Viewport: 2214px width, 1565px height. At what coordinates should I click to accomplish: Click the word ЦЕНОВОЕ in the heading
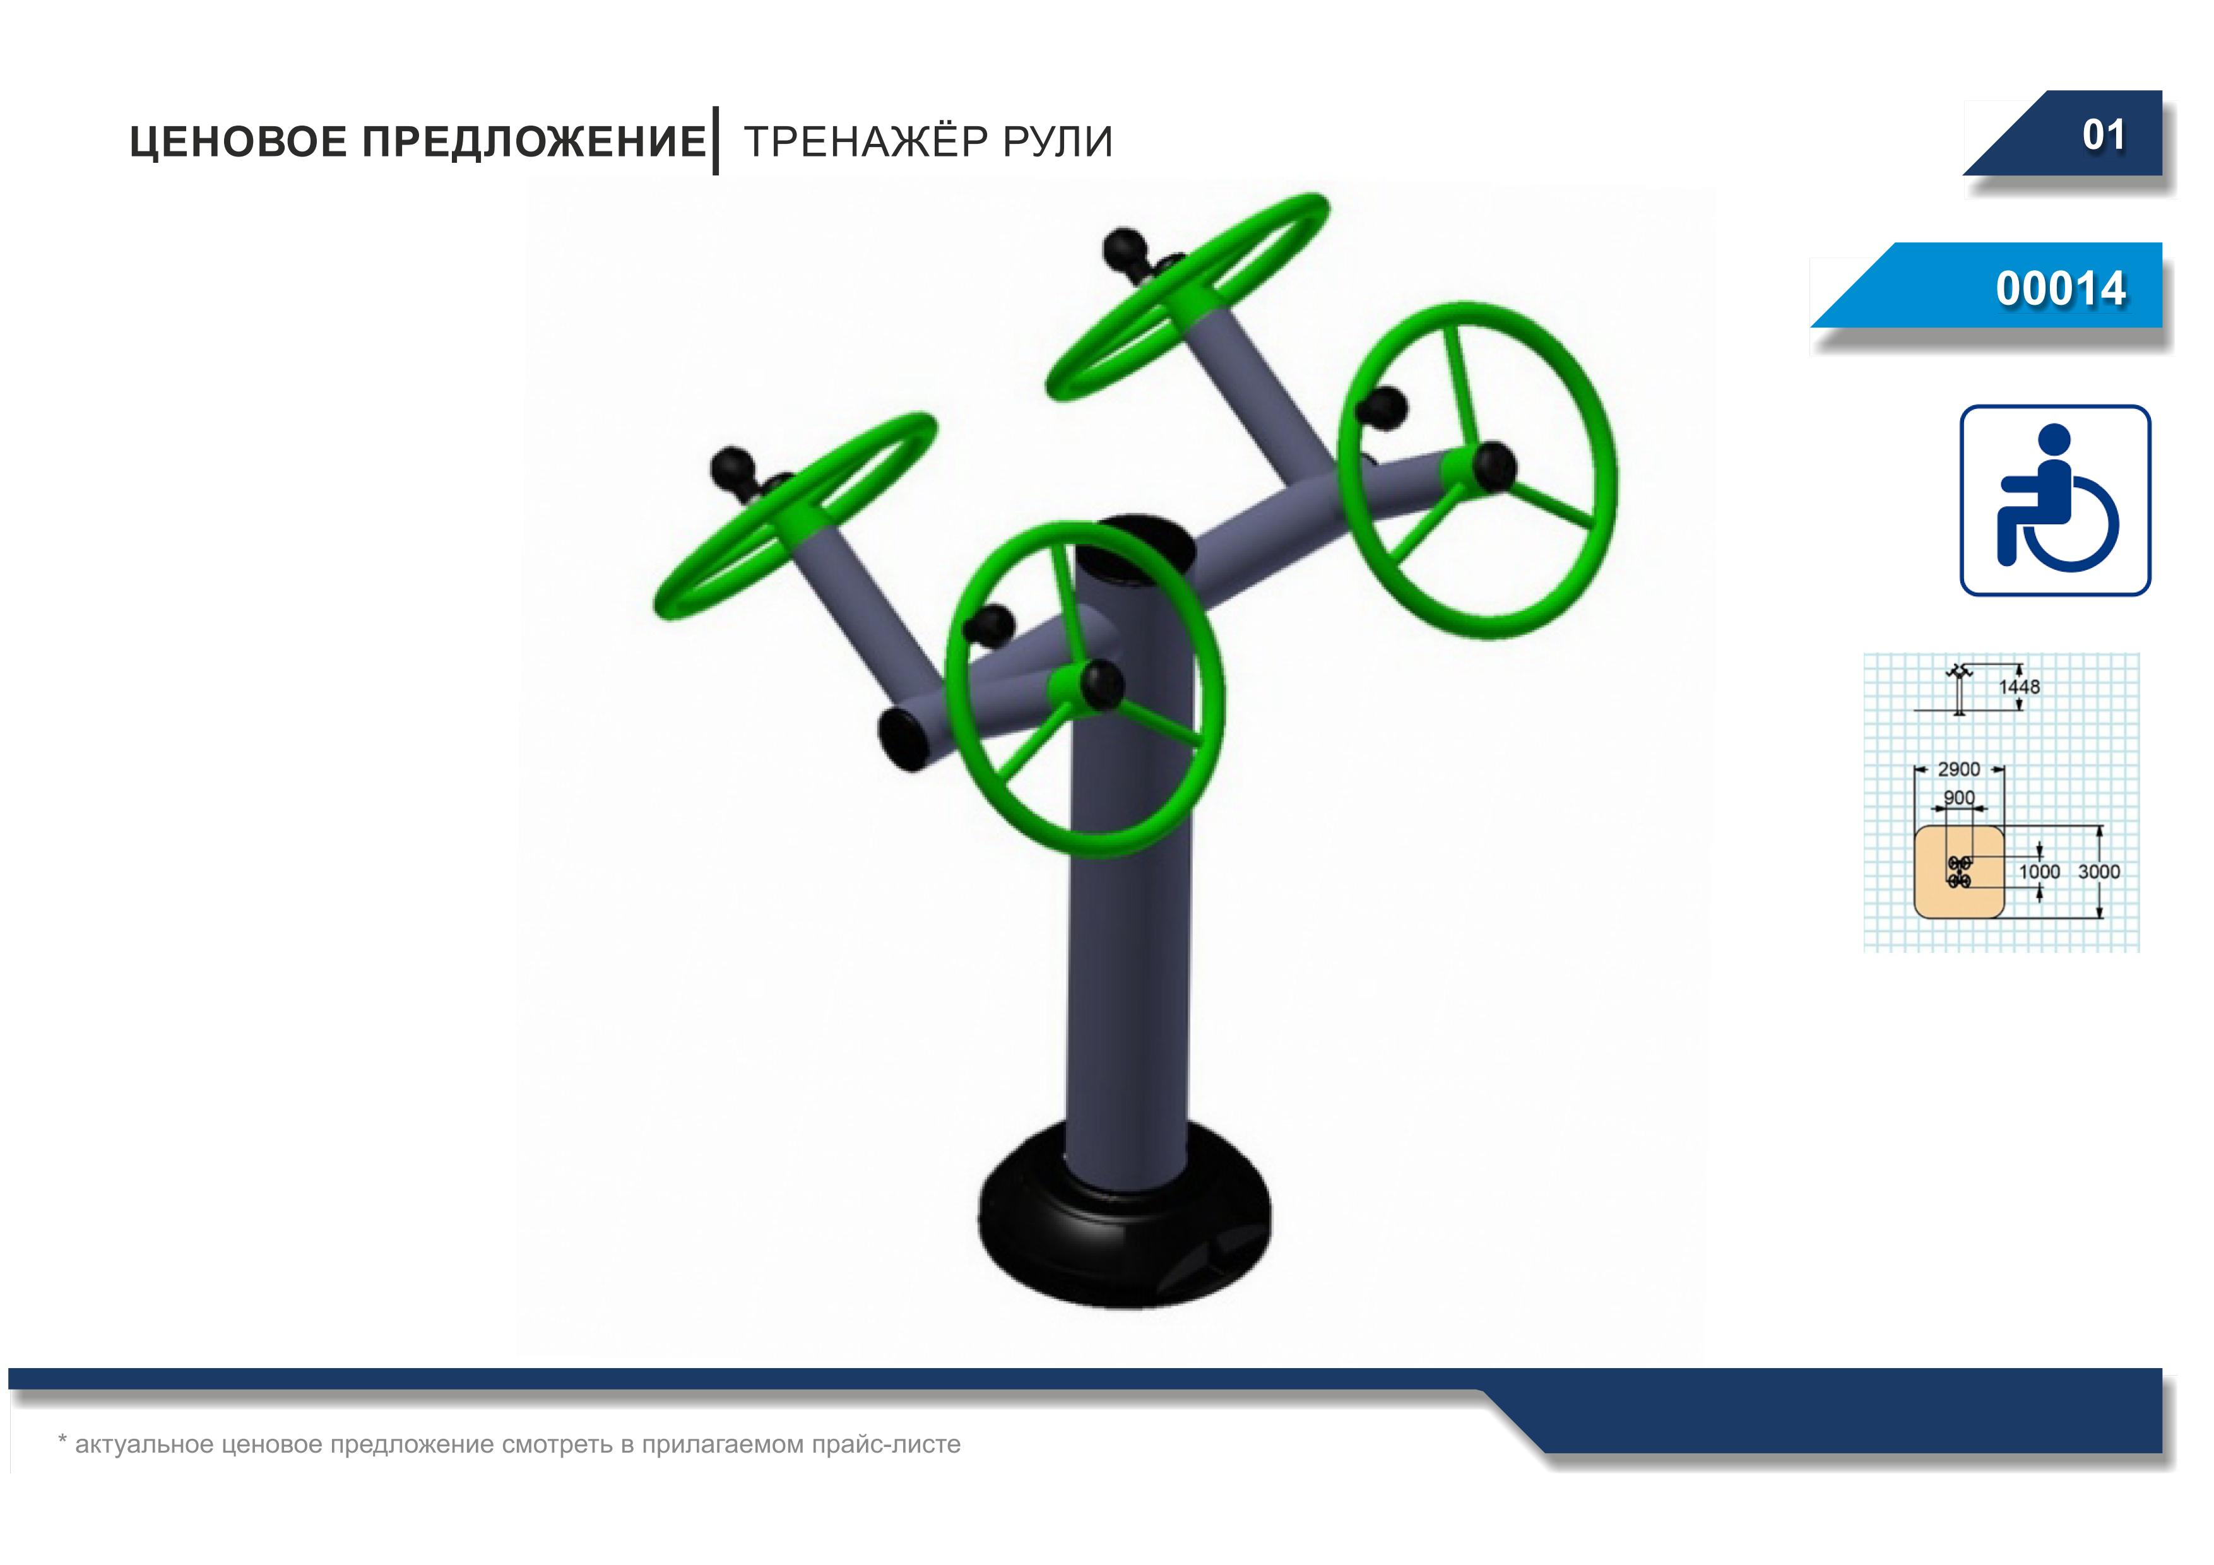point(238,142)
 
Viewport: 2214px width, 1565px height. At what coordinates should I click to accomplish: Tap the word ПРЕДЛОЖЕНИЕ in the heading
point(534,142)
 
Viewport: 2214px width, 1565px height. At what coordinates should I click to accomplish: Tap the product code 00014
point(2061,288)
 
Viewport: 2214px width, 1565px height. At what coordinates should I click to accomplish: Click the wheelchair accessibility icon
point(2055,500)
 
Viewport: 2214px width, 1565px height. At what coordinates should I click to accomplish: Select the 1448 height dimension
point(2019,687)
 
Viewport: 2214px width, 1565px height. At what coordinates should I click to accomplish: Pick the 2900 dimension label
point(1958,769)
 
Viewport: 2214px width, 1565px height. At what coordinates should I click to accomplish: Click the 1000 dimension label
point(2039,871)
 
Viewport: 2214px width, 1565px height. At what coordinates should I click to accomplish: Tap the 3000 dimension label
point(2099,871)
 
